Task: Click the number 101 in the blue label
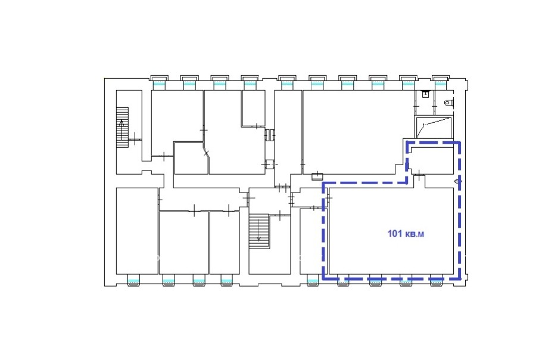(394, 234)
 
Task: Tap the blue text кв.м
(415, 234)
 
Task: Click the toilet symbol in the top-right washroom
(449, 103)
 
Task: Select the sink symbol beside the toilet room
(425, 94)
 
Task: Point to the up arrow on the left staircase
(121, 129)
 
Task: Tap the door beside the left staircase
(135, 139)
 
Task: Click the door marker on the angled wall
(206, 153)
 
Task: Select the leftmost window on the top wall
(159, 82)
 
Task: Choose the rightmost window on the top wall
(441, 82)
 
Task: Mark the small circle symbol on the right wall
(457, 181)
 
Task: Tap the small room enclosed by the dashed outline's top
(432, 160)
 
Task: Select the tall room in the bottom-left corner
(137, 231)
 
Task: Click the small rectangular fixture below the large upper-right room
(317, 176)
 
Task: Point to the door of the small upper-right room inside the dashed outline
(419, 175)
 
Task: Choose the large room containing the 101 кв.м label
(391, 231)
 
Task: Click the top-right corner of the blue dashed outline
(459, 142)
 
